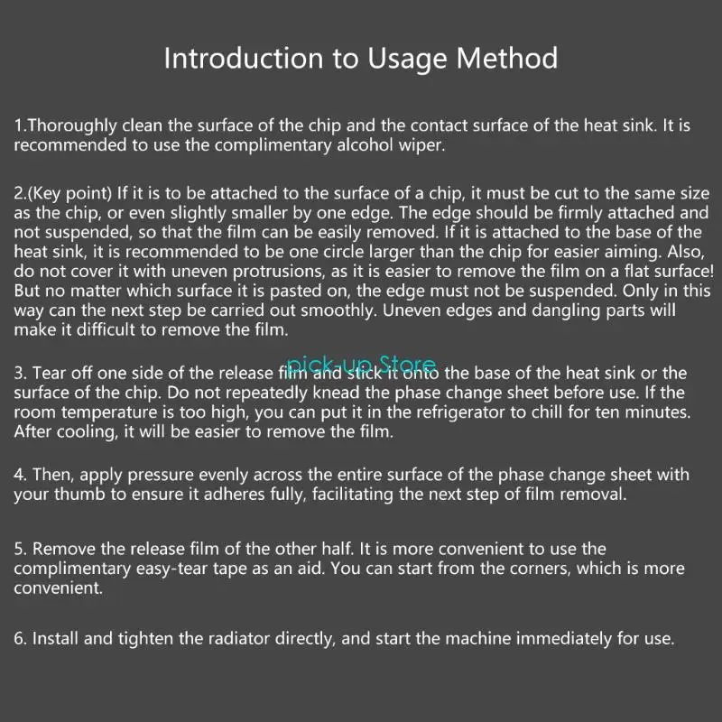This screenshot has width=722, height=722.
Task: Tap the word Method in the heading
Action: click(x=507, y=59)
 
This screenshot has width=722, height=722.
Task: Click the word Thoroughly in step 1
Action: click(x=72, y=125)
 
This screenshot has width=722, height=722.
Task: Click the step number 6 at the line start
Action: click(x=19, y=638)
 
